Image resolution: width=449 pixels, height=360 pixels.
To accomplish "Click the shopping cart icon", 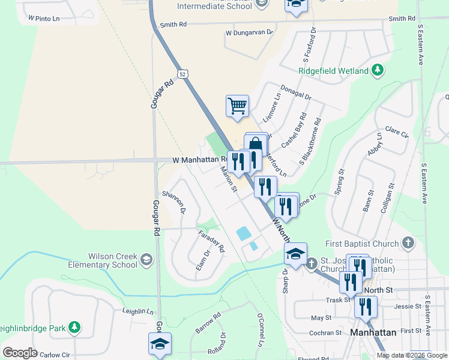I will coord(238,106).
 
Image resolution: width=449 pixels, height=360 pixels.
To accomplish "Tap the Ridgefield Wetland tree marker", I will coord(378,71).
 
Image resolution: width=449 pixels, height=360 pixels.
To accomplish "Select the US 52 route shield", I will coord(182,73).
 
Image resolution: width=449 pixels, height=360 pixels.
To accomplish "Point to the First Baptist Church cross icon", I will coord(408,244).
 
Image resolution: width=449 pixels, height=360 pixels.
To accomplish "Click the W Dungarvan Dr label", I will coord(249,32).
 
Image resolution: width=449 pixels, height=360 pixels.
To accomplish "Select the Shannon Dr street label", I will coord(173,204).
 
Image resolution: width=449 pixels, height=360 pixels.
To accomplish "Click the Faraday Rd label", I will coord(211,240).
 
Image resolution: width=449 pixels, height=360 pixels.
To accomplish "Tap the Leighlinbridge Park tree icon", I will coord(74,328).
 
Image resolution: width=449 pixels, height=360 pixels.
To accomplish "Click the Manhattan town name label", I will coord(373,332).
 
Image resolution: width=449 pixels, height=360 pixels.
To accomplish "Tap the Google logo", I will coord(20,352).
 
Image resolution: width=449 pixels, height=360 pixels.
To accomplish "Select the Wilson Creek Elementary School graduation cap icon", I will coord(146,260).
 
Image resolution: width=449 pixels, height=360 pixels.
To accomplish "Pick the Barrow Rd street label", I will coord(208,322).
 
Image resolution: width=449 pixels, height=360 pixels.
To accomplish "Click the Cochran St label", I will coord(325,332).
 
